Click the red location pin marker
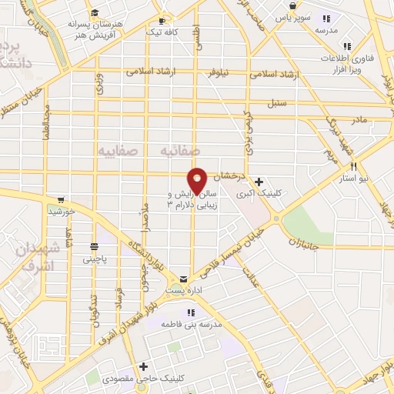(198, 180)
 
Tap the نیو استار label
(354, 177)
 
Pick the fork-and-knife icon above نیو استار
(354, 166)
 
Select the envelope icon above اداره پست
(183, 278)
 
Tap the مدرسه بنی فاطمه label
(191, 324)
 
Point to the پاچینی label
(95, 259)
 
